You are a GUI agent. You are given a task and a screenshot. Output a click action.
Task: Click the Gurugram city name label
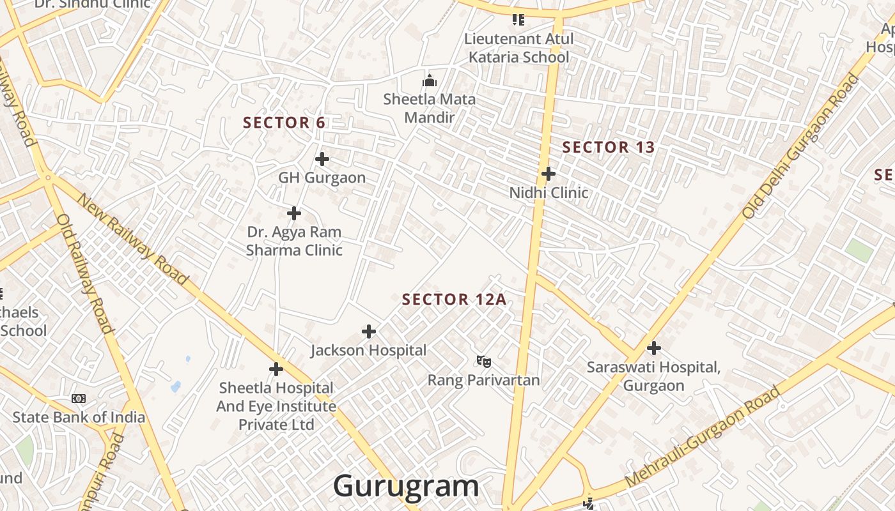coord(406,486)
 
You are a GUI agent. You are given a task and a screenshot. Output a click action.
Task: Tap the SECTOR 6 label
coord(284,123)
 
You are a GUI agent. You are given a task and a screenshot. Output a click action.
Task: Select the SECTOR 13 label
coord(609,148)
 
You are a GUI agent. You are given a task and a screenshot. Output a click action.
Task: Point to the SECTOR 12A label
coord(454,300)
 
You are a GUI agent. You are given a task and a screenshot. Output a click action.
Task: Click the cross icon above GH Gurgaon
coord(322,158)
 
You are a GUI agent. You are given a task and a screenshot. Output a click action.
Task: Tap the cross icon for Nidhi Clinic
coord(548,173)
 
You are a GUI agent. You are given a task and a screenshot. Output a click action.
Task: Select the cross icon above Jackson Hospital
coord(369,332)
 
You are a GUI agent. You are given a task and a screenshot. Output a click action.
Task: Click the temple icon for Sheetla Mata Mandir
coord(429,81)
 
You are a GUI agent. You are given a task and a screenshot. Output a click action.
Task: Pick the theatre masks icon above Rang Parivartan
coord(484,362)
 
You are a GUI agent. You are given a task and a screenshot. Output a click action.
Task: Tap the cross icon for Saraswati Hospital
coord(653,348)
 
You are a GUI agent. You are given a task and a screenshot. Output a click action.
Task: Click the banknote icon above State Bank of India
coord(79,399)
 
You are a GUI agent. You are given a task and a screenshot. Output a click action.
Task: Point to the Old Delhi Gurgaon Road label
coord(802,146)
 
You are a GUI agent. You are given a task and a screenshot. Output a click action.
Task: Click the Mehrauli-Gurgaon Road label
coord(703,436)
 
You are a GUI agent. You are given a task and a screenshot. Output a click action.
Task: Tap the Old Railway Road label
coord(85,273)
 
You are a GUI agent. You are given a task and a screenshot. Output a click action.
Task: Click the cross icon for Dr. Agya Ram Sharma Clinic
coord(294,213)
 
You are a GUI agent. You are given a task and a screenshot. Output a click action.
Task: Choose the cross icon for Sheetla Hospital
coord(276,369)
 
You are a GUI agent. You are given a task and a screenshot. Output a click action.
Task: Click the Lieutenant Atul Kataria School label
coord(518,48)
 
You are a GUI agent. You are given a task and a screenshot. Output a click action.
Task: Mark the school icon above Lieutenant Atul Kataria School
coord(518,20)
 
